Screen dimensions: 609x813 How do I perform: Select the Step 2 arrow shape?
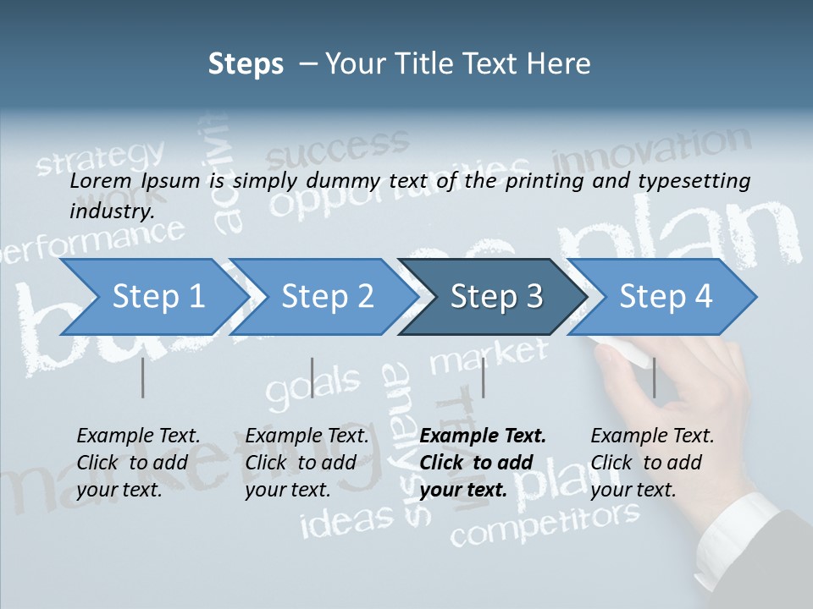[326, 297]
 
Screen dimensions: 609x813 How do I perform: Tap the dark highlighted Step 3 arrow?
[495, 297]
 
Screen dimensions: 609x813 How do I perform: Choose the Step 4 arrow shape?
[665, 297]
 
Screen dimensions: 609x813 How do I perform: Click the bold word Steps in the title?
[246, 63]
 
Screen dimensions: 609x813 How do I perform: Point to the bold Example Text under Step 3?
[483, 436]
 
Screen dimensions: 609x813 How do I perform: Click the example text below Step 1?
[138, 462]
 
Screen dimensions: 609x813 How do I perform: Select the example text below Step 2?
[307, 462]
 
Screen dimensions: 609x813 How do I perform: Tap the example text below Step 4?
[652, 462]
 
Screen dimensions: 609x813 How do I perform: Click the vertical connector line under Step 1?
[143, 377]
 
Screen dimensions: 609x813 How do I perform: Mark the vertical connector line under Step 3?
[483, 377]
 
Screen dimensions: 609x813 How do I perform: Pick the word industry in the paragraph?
[112, 211]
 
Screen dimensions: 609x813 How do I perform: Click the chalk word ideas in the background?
[347, 520]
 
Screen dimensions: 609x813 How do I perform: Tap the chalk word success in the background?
[330, 150]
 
